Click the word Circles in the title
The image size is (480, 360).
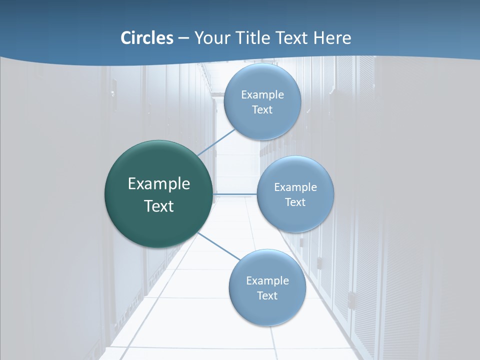[x=146, y=38]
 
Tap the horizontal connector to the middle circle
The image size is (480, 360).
[x=234, y=194]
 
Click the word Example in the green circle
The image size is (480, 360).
[x=159, y=184]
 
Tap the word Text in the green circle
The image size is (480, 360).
[x=159, y=206]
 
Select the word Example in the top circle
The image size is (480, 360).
[x=262, y=95]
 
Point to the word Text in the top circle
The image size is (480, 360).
[x=262, y=110]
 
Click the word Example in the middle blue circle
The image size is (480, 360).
[x=295, y=187]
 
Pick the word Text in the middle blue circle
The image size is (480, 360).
[x=295, y=202]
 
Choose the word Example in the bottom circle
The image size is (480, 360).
[x=267, y=281]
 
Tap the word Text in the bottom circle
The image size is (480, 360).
[x=267, y=296]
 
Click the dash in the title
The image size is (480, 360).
[x=183, y=38]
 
